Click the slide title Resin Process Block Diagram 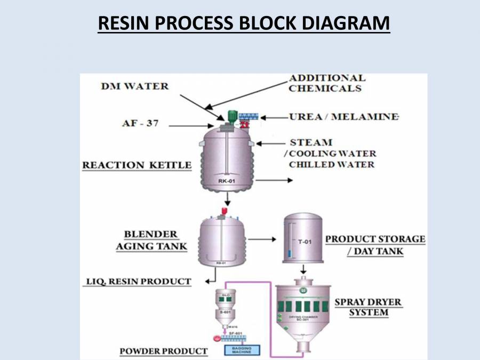pos(244,23)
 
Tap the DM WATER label pos(134,86)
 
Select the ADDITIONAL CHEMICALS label pos(327,83)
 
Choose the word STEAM pos(311,142)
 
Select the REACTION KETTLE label pos(137,165)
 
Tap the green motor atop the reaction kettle pos(232,115)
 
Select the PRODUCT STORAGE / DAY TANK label pos(375,245)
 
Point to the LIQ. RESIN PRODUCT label pos(138,281)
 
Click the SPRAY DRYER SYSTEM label pos(368,308)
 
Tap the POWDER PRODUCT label pos(163,351)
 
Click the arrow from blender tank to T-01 pos(262,240)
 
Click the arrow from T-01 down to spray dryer pos(303,269)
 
